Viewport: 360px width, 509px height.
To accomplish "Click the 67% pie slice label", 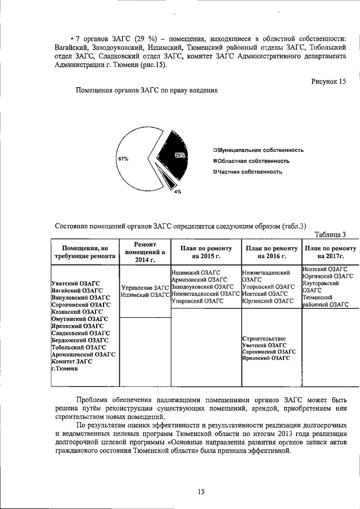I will tap(123, 159).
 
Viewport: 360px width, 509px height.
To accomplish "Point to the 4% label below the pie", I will tap(177, 192).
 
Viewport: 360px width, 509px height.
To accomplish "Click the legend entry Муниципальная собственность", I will tap(258, 150).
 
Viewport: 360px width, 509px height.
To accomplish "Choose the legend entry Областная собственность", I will tap(251, 161).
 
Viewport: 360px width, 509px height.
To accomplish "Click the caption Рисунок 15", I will tap(328, 82).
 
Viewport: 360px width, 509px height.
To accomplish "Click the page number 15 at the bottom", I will tap(201, 492).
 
